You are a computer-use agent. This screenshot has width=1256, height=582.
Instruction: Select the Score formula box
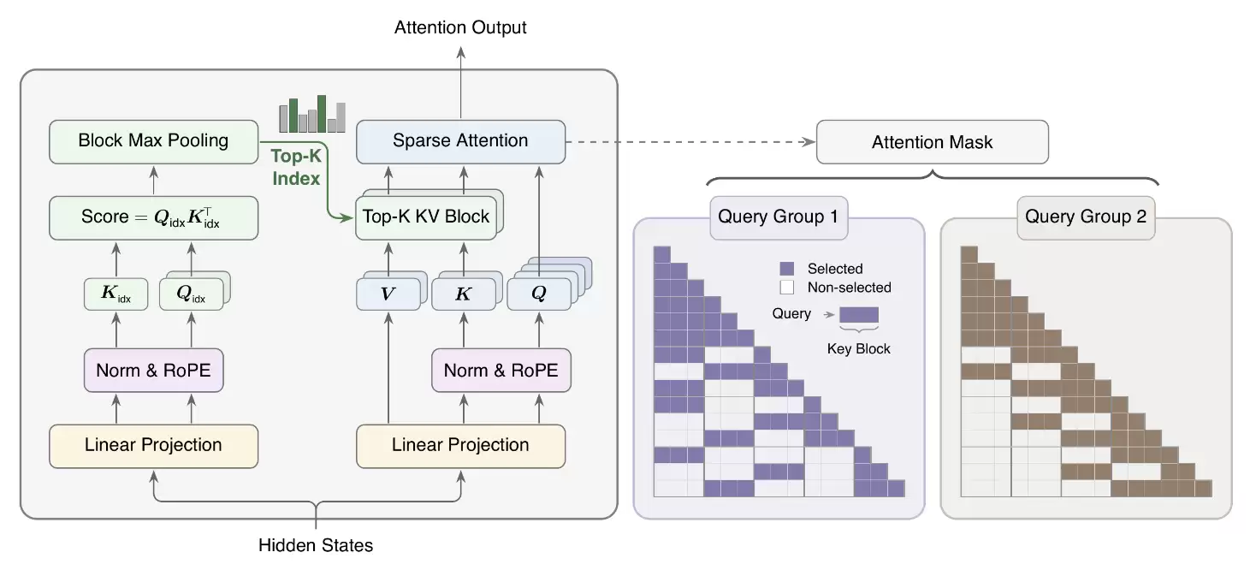pyautogui.click(x=154, y=218)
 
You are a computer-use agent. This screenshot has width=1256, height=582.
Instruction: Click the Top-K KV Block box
pyautogui.click(x=426, y=217)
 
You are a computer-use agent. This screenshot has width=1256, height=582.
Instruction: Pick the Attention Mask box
pyautogui.click(x=933, y=142)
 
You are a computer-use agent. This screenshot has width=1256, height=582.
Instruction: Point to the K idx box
pyautogui.click(x=116, y=294)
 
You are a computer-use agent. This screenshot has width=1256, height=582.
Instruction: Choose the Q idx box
pyautogui.click(x=191, y=294)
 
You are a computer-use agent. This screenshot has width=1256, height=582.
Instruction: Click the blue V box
pyautogui.click(x=388, y=294)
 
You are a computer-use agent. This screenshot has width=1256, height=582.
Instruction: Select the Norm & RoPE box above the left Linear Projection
pyautogui.click(x=154, y=370)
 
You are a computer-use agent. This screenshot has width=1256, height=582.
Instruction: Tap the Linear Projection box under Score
pyautogui.click(x=154, y=446)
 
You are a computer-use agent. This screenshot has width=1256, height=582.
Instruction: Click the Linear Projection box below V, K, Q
pyautogui.click(x=461, y=446)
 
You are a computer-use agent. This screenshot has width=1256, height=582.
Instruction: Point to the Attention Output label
pyautogui.click(x=460, y=27)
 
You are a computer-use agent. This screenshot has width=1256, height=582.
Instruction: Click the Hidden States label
pyautogui.click(x=316, y=545)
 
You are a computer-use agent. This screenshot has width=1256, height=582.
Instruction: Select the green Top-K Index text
pyautogui.click(x=296, y=167)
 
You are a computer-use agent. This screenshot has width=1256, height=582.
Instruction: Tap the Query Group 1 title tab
pyautogui.click(x=779, y=217)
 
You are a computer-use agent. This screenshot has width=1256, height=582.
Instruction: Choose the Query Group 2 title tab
pyautogui.click(x=1086, y=217)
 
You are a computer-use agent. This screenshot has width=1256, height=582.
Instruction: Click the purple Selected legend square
pyautogui.click(x=787, y=269)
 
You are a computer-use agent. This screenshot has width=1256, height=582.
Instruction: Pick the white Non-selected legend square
pyautogui.click(x=787, y=288)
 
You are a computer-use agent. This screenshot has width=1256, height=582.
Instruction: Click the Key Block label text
pyautogui.click(x=858, y=348)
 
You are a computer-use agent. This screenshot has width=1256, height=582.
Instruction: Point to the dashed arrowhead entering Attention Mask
pyautogui.click(x=809, y=142)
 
